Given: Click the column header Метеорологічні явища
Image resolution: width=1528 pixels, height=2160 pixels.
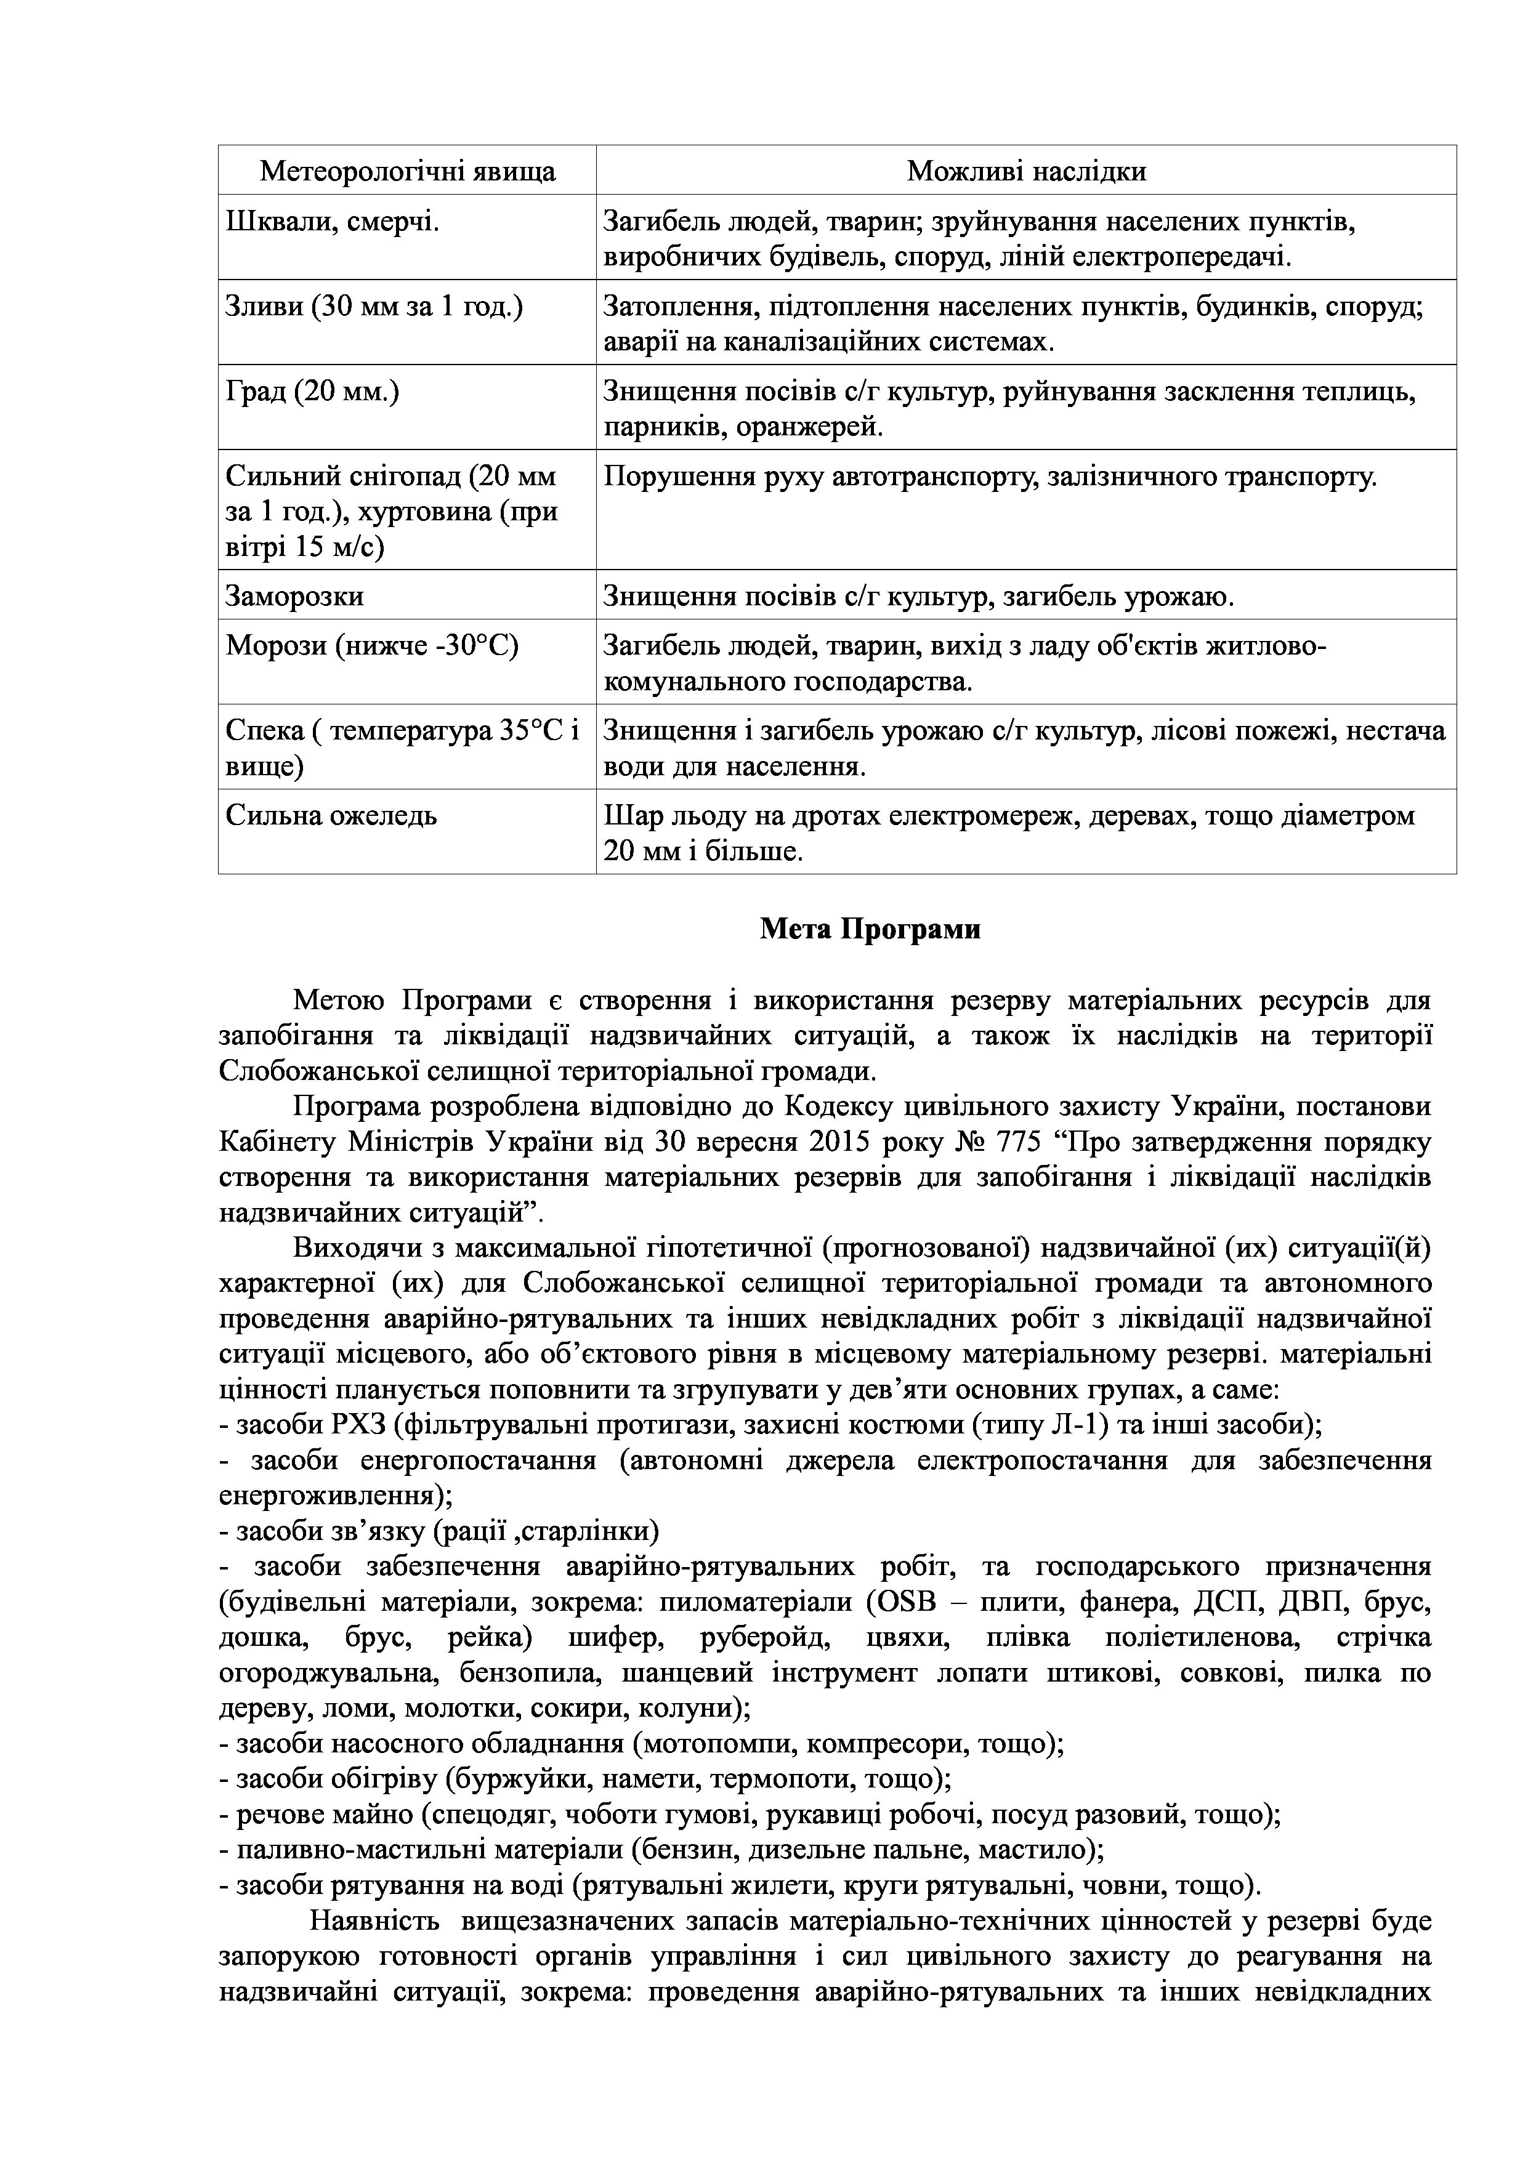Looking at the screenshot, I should (x=407, y=171).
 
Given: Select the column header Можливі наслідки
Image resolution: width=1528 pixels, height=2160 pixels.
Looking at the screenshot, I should (x=1025, y=171).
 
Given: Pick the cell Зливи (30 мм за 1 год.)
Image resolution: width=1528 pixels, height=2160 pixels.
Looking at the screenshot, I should (x=374, y=307).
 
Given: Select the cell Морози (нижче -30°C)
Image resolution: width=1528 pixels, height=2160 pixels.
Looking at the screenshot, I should (x=371, y=647).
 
